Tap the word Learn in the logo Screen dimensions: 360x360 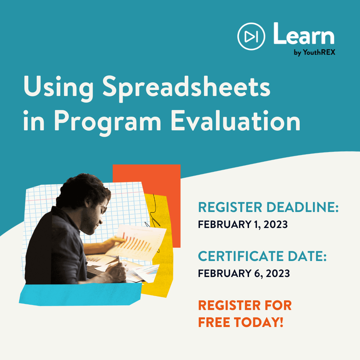[x=304, y=34]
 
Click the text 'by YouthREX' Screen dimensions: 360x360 [x=314, y=52]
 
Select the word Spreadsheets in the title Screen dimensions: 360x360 [x=186, y=89]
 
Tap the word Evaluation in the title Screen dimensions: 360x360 [x=236, y=121]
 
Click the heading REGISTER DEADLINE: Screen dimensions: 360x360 [x=268, y=207]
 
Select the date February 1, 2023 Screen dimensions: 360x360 [x=243, y=225]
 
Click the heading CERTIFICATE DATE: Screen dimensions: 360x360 [x=262, y=256]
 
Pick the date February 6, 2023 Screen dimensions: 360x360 [x=244, y=273]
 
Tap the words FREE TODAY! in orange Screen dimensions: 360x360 [x=241, y=322]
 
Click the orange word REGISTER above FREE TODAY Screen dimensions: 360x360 [x=229, y=305]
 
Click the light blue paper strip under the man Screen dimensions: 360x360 [x=80, y=295]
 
